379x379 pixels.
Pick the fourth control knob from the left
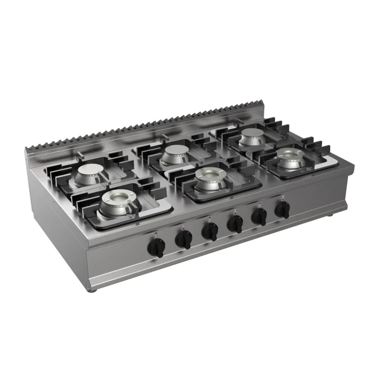pyautogui.click(x=236, y=224)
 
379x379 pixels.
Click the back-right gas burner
pyautogui.click(x=253, y=136)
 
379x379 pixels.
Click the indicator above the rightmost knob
pyautogui.click(x=282, y=196)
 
